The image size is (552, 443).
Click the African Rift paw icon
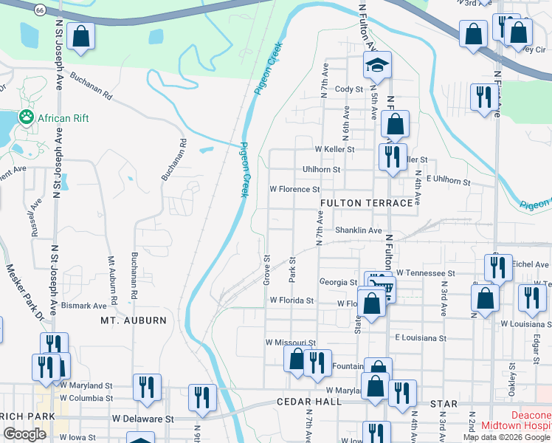(27, 116)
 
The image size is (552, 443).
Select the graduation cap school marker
(377, 66)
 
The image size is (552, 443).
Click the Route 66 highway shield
(40, 9)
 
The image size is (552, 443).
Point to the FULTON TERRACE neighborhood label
(366, 203)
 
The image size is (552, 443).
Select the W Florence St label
(294, 190)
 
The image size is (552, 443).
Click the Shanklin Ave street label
(358, 230)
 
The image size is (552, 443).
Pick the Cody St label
(350, 89)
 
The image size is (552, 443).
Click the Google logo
(24, 434)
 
